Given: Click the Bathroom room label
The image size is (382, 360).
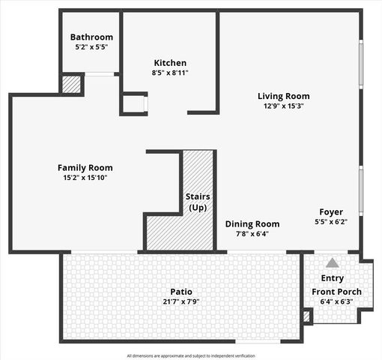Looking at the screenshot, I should pyautogui.click(x=91, y=37).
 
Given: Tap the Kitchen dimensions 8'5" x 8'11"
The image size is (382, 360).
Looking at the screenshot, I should pyautogui.click(x=170, y=73).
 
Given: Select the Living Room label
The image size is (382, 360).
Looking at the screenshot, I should pyautogui.click(x=283, y=96).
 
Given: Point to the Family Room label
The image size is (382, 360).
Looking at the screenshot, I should pyautogui.click(x=85, y=167).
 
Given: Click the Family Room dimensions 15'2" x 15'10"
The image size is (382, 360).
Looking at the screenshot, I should pyautogui.click(x=85, y=178).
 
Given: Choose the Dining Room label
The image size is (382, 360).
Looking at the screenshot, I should pyautogui.click(x=252, y=223).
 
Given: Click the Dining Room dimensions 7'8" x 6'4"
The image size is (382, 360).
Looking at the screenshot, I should pyautogui.click(x=252, y=234).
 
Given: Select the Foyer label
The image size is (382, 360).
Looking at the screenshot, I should pyautogui.click(x=331, y=211).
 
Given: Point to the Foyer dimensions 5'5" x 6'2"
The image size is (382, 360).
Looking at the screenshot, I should pyautogui.click(x=331, y=222).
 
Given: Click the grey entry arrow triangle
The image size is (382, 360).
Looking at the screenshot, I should pyautogui.click(x=332, y=263).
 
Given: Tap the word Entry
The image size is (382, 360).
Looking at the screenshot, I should pyautogui.click(x=333, y=279).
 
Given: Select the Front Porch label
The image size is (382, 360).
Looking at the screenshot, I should pyautogui.click(x=336, y=292).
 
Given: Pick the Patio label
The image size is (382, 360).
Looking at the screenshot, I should pyautogui.click(x=181, y=292).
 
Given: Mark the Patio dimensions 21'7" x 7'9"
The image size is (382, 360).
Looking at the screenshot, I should pyautogui.click(x=181, y=302).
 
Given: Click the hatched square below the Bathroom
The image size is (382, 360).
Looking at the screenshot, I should pyautogui.click(x=71, y=84).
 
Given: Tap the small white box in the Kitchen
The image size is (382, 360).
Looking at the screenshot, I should pyautogui.click(x=135, y=103).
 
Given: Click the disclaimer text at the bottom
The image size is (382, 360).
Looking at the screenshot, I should pyautogui.click(x=191, y=355).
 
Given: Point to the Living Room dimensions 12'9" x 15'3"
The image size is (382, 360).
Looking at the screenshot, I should pyautogui.click(x=283, y=106).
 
